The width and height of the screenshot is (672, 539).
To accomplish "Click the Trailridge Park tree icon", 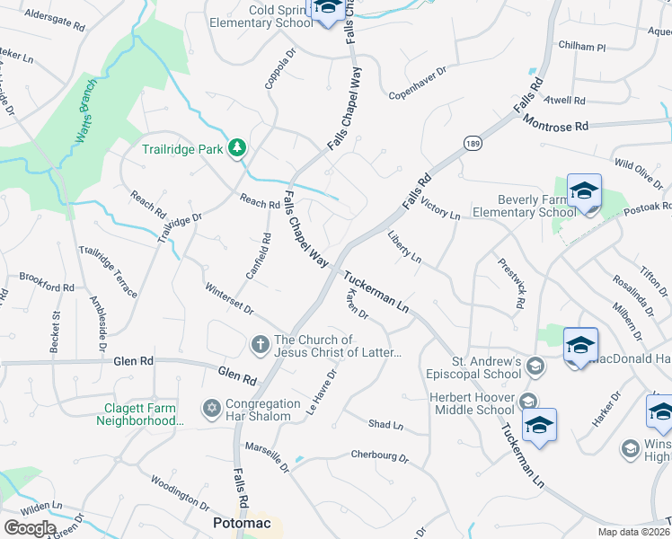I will [237, 147].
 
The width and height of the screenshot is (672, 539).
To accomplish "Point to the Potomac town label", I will [241, 522].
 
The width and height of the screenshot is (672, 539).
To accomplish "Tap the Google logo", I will [30, 527].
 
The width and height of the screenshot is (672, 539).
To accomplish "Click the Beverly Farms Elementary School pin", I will [584, 192].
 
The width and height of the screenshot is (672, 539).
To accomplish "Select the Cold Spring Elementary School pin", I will [326, 8].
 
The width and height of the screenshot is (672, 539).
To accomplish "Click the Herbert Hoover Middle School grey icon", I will [528, 402].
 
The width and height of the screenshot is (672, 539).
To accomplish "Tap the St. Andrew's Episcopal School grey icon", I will [535, 365].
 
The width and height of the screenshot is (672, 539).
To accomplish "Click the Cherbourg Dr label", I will [379, 456].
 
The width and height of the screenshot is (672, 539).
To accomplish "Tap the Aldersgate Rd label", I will [55, 15].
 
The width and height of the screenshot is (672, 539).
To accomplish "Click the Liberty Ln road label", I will [404, 246].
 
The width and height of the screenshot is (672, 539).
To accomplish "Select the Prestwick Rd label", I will [513, 285].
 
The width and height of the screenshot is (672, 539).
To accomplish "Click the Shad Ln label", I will [386, 423].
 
